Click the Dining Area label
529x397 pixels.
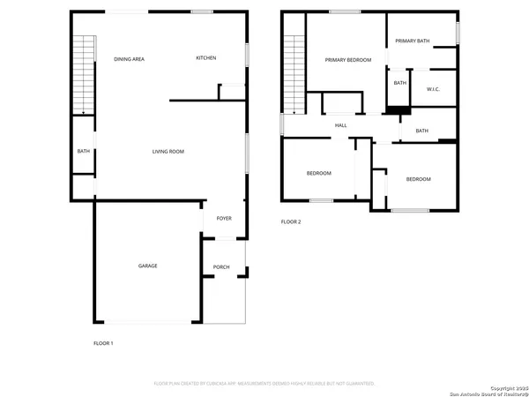pyautogui.click(x=129, y=59)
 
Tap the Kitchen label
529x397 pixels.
pyautogui.click(x=206, y=58)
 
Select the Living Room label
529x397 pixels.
pyautogui.click(x=168, y=152)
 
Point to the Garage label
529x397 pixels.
pyautogui.click(x=147, y=266)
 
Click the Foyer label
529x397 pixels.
pyautogui.click(x=223, y=218)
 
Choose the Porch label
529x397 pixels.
pyautogui.click(x=221, y=267)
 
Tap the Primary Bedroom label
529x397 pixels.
pyautogui.click(x=347, y=60)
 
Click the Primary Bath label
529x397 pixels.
pyautogui.click(x=412, y=41)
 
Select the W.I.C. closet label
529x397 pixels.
pyautogui.click(x=433, y=89)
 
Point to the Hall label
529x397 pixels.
pyautogui.click(x=341, y=126)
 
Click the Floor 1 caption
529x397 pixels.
pyautogui.click(x=103, y=342)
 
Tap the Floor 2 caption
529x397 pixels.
pyautogui.click(x=291, y=221)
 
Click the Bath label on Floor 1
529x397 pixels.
pyautogui.click(x=83, y=151)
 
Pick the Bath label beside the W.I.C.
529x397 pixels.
pyautogui.click(x=399, y=83)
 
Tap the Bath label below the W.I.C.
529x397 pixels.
pyautogui.click(x=421, y=131)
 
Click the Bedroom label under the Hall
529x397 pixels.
pyautogui.click(x=318, y=173)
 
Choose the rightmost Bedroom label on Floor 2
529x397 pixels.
pyautogui.click(x=418, y=179)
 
